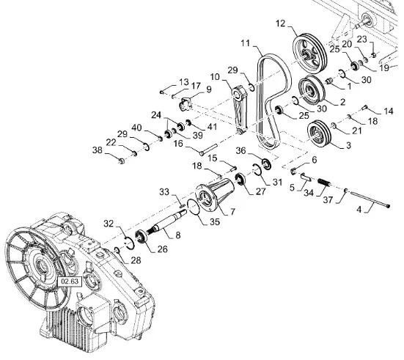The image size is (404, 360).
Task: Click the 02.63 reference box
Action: point(70,282)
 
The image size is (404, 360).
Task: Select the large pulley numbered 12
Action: point(310,54)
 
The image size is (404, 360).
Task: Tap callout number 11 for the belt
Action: point(246,43)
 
